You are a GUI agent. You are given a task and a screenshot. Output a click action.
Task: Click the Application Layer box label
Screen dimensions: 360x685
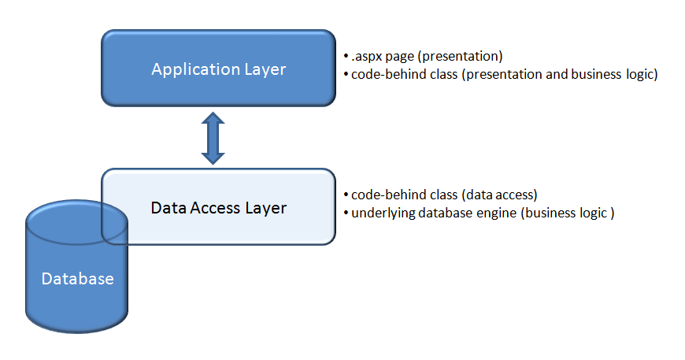point(219,69)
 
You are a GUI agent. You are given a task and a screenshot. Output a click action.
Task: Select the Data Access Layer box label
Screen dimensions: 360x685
point(219,208)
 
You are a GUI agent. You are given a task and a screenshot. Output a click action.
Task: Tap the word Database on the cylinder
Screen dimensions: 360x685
point(77,279)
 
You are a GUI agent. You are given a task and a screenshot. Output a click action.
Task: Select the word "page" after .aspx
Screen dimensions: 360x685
point(400,58)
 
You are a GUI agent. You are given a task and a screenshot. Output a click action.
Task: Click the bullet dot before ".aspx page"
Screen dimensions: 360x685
point(346,58)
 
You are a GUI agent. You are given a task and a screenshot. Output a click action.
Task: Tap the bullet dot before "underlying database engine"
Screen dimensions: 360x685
point(346,213)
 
